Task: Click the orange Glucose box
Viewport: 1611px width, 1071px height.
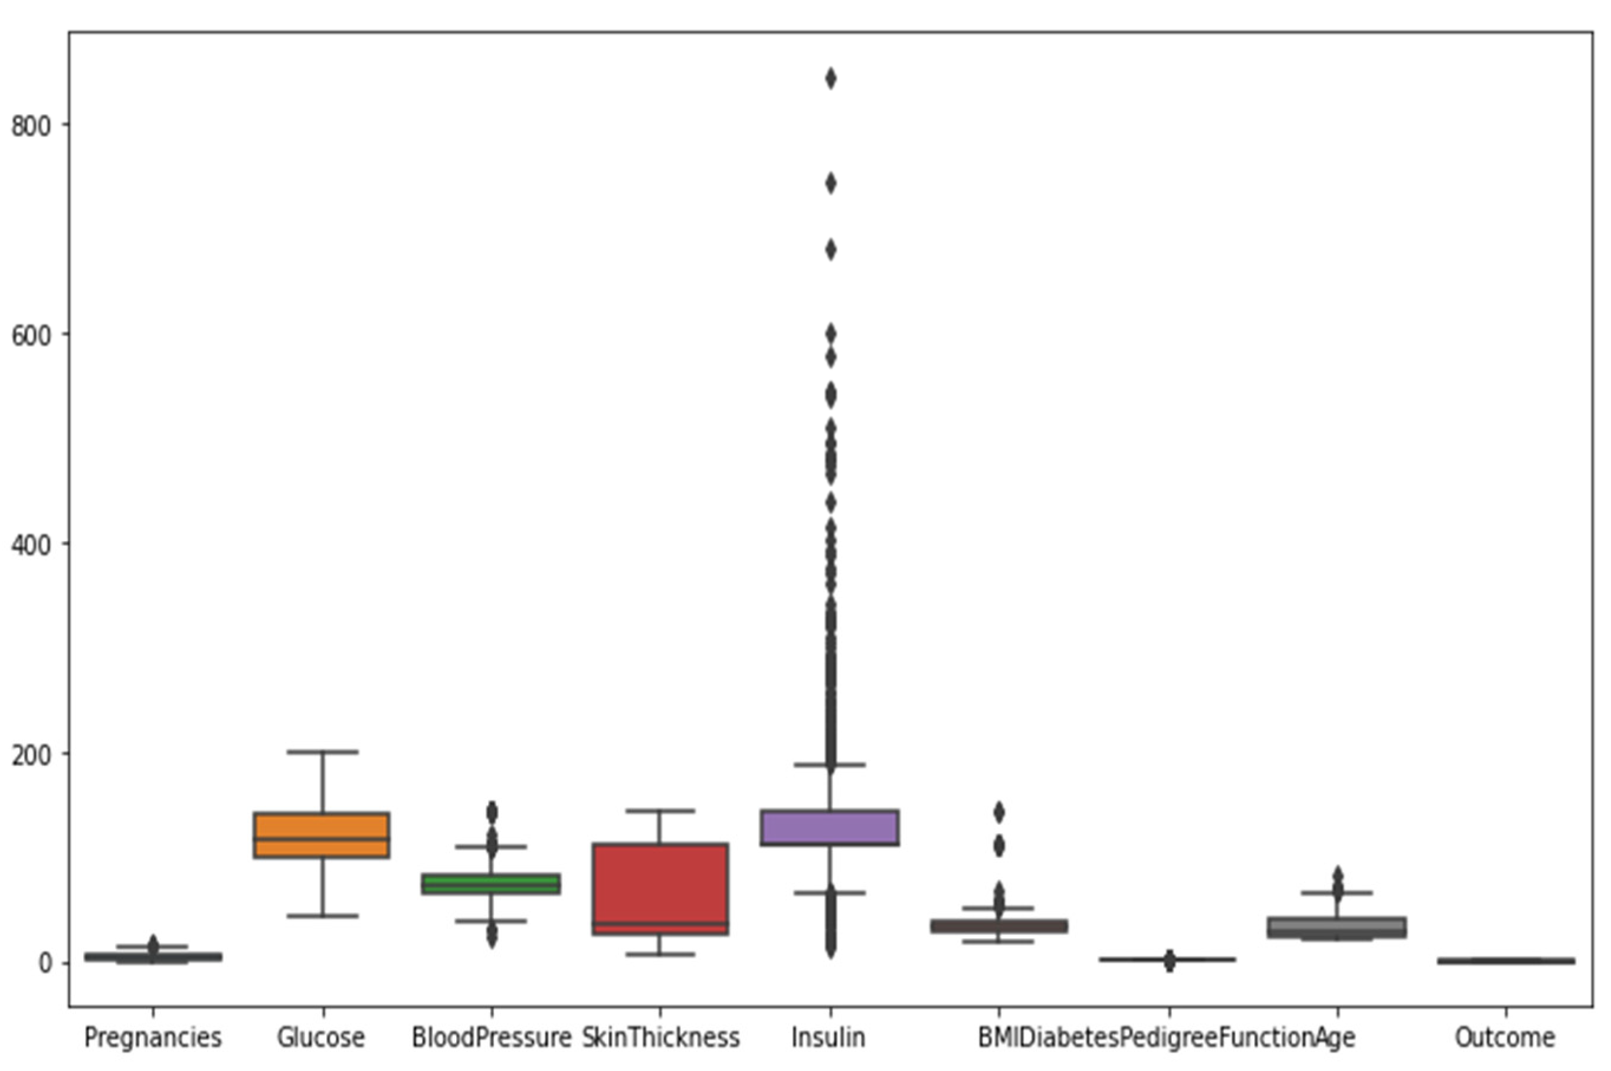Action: click(x=321, y=834)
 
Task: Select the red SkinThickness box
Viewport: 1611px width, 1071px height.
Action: click(x=659, y=889)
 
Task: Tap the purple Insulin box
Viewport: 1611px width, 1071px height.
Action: click(x=830, y=827)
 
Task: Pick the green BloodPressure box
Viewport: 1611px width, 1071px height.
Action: click(x=491, y=883)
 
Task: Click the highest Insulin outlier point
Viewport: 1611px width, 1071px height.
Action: click(x=830, y=79)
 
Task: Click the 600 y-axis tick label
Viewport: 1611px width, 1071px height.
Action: click(x=31, y=335)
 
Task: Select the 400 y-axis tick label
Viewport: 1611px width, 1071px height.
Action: click(x=31, y=545)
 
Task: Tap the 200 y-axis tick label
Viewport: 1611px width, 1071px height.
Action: click(x=31, y=754)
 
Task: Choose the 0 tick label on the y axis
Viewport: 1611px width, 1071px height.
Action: click(x=45, y=963)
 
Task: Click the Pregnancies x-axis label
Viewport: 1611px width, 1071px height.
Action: click(x=152, y=1037)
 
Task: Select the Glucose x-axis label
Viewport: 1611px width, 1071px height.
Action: click(x=321, y=1037)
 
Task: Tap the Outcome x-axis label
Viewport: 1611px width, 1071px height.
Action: click(x=1504, y=1037)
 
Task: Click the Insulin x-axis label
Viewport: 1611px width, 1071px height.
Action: click(x=829, y=1037)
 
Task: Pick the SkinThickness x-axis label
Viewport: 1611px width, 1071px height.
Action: click(x=660, y=1037)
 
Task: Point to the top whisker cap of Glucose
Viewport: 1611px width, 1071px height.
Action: click(x=322, y=752)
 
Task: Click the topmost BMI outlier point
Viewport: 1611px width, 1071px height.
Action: click(x=998, y=812)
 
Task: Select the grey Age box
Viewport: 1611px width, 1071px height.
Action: click(x=1337, y=927)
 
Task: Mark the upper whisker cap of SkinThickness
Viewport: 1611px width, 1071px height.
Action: click(x=660, y=811)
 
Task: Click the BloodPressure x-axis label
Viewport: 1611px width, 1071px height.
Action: click(x=491, y=1037)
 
